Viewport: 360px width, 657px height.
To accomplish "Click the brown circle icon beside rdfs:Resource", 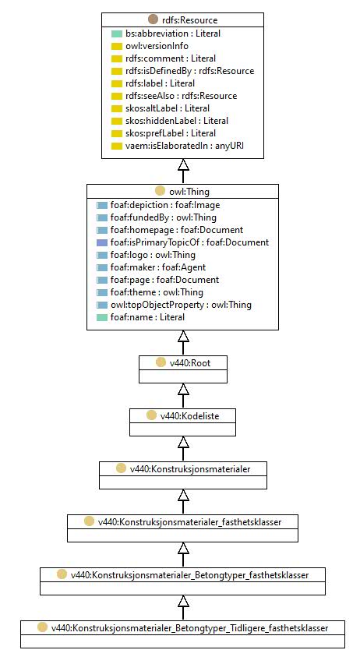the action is click(x=154, y=19).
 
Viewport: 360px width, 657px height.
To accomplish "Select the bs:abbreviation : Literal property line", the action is click(x=173, y=34).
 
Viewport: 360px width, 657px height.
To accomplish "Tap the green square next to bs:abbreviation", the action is click(x=117, y=34).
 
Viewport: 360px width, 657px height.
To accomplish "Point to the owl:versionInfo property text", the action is click(x=157, y=46).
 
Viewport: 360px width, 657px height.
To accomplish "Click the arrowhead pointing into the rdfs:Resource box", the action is click(x=183, y=164).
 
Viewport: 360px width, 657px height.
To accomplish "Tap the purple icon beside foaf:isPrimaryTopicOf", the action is click(x=102, y=242).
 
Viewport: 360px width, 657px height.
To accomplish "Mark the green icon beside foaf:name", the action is click(x=102, y=318).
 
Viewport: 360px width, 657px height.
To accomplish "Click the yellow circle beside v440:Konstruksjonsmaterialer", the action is click(x=121, y=468).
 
